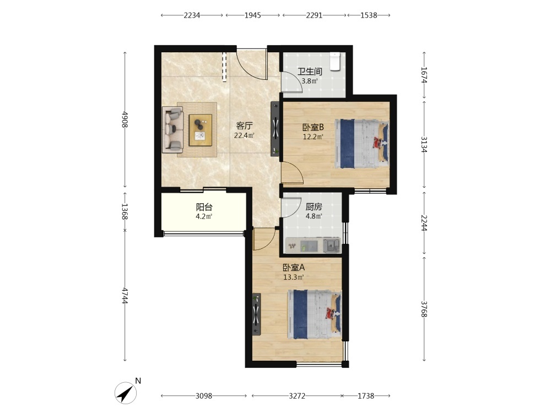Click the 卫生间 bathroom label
point(310,72)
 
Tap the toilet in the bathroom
point(336,62)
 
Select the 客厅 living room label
point(245,126)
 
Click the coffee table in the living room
point(201,130)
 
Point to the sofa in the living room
point(172,129)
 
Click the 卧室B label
point(313,127)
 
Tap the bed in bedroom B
point(362,144)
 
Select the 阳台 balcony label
point(204,207)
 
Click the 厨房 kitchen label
point(314,207)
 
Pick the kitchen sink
point(331,245)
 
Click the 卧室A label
point(294,268)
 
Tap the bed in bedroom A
point(315,314)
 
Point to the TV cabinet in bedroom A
point(257,314)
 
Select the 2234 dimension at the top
point(192,15)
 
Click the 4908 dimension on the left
point(125,119)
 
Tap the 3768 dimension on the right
point(424,309)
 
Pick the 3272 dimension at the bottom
point(297,396)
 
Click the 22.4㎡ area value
point(245,135)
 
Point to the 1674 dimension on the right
point(424,75)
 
